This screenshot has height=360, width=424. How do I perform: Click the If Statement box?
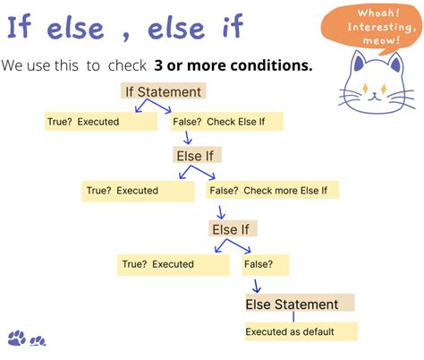click(163, 90)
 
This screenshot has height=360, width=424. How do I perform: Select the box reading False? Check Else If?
click(226, 121)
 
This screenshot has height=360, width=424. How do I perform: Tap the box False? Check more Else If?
click(273, 190)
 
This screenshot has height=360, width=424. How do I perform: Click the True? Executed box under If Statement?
click(100, 121)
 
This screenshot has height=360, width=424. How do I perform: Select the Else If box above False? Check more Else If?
click(198, 155)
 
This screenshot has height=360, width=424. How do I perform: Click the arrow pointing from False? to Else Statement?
click(256, 285)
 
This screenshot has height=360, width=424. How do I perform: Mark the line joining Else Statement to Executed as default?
click(293, 316)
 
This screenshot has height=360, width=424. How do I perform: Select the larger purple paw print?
click(17, 338)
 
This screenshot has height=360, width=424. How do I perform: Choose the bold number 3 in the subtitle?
click(158, 65)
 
